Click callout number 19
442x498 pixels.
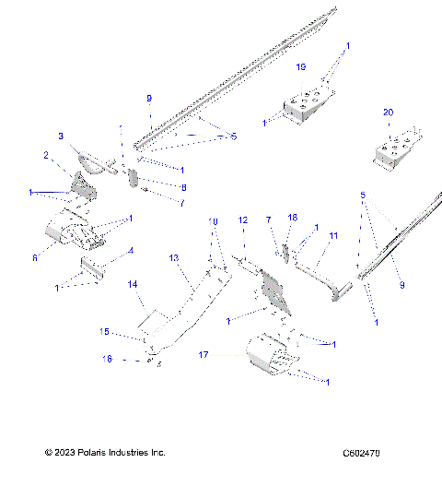pos(300,68)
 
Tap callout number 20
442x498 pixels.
pos(388,113)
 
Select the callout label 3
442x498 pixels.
pos(61,136)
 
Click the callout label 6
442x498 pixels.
pos(35,259)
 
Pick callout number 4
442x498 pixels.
pos(131,250)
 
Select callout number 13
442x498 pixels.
pos(173,259)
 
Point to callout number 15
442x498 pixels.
pos(104,330)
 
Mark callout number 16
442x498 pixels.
pos(107,359)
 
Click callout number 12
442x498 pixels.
pos(243,220)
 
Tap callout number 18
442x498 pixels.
pos(293,218)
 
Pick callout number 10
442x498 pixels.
pos(213,222)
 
